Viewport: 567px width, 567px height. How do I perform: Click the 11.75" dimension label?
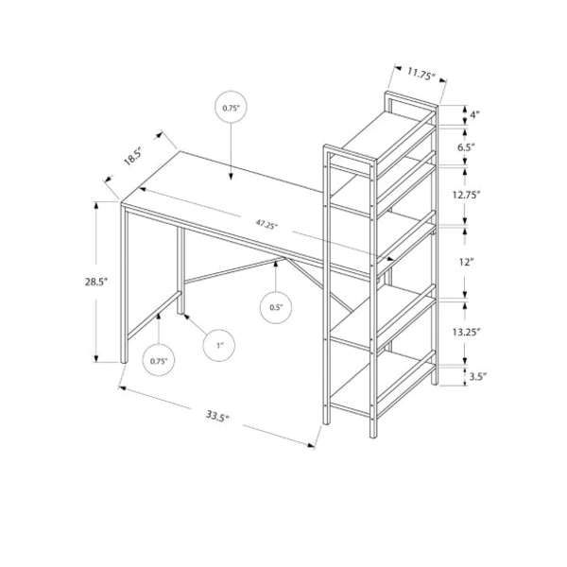tap(421, 74)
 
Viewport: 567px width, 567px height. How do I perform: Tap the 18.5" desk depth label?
tap(132, 157)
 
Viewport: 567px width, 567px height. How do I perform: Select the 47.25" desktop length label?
tap(266, 224)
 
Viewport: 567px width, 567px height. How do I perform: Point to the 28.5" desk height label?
tap(96, 282)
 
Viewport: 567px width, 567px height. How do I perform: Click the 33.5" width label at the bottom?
tap(217, 416)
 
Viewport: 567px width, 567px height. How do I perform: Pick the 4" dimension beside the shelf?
tap(474, 115)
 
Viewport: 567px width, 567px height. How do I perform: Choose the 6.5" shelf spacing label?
tap(466, 147)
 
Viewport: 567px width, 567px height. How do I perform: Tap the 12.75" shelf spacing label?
tap(466, 195)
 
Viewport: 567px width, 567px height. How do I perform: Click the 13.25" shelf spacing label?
tap(466, 332)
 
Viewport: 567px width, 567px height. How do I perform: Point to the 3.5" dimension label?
tap(478, 376)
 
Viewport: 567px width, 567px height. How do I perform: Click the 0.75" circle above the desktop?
tap(232, 108)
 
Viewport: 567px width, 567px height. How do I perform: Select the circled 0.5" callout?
tap(276, 307)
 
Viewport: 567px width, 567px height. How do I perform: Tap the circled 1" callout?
tap(219, 345)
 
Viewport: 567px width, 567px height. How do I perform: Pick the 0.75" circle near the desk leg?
tap(159, 360)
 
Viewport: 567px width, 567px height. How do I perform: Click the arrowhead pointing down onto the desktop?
tap(232, 177)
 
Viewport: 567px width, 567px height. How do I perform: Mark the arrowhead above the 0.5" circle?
tap(276, 265)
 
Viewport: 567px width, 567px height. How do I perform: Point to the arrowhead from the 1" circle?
tap(187, 318)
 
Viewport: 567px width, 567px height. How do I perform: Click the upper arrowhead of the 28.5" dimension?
tap(96, 205)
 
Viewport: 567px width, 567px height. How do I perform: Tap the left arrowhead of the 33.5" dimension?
tap(122, 388)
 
